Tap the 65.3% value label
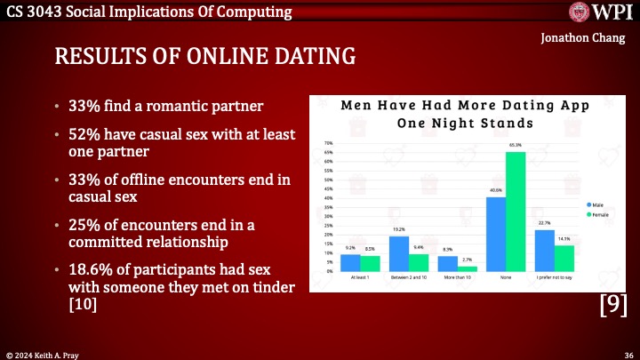(x=516, y=145)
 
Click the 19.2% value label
(x=400, y=229)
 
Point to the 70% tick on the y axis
(x=328, y=143)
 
